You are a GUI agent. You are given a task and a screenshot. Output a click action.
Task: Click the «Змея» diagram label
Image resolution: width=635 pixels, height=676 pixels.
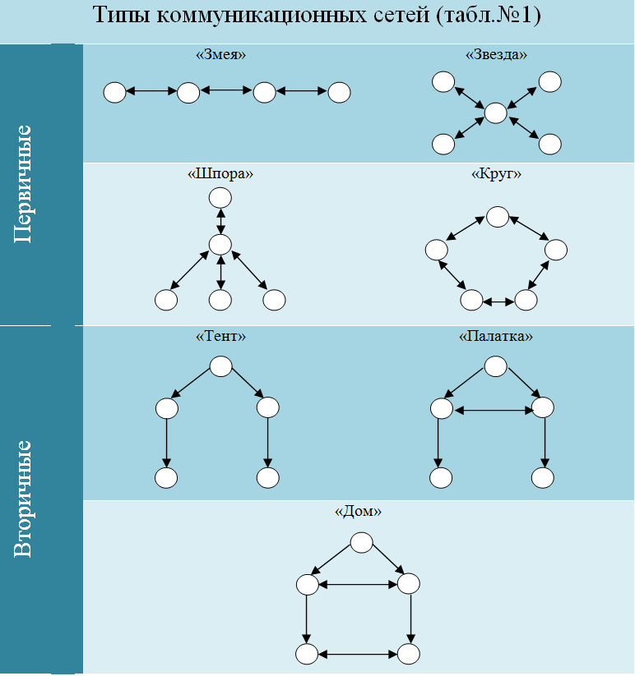pyautogui.click(x=220, y=55)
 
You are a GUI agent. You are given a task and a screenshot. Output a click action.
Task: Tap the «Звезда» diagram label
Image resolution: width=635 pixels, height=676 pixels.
pyautogui.click(x=496, y=55)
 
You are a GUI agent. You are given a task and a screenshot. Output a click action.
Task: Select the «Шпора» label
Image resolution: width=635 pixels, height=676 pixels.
pyautogui.click(x=220, y=174)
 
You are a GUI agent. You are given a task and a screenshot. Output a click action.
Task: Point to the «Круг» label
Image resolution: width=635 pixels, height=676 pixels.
pyautogui.click(x=496, y=174)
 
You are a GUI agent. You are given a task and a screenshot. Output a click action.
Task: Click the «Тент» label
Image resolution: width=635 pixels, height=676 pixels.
pyautogui.click(x=220, y=336)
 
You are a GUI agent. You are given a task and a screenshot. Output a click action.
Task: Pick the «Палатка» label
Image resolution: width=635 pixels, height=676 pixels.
pyautogui.click(x=495, y=336)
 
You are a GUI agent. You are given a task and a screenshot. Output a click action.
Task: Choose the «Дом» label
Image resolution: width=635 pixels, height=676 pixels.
pyautogui.click(x=358, y=511)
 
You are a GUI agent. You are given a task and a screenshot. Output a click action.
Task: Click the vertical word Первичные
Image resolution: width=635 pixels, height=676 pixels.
pyautogui.click(x=23, y=184)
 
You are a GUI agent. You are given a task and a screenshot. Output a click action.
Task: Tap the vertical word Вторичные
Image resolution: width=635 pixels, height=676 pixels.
pyautogui.click(x=23, y=499)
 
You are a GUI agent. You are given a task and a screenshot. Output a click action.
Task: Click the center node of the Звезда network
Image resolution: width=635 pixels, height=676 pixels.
pyautogui.click(x=495, y=113)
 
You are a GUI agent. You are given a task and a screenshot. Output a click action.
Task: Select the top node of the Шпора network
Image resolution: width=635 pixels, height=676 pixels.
pyautogui.click(x=220, y=198)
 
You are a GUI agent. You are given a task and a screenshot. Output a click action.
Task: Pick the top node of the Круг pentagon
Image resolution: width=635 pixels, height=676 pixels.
pyautogui.click(x=498, y=217)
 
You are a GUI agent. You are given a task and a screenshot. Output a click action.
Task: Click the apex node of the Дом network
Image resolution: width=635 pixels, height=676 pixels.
pyautogui.click(x=361, y=542)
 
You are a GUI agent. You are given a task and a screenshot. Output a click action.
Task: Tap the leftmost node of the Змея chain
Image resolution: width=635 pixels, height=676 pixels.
pyautogui.click(x=115, y=92)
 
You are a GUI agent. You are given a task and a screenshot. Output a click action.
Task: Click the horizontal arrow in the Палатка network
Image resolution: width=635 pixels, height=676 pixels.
pyautogui.click(x=494, y=411)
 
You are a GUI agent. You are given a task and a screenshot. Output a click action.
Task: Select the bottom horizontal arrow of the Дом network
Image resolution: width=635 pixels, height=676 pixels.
pyautogui.click(x=358, y=655)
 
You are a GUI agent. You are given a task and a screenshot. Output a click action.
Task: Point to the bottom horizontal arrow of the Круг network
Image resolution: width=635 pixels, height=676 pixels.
pyautogui.click(x=498, y=302)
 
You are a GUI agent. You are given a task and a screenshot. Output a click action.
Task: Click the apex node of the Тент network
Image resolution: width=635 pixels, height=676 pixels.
pyautogui.click(x=220, y=366)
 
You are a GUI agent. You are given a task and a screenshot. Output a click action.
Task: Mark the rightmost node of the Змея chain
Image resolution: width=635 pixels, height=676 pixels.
pyautogui.click(x=340, y=92)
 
